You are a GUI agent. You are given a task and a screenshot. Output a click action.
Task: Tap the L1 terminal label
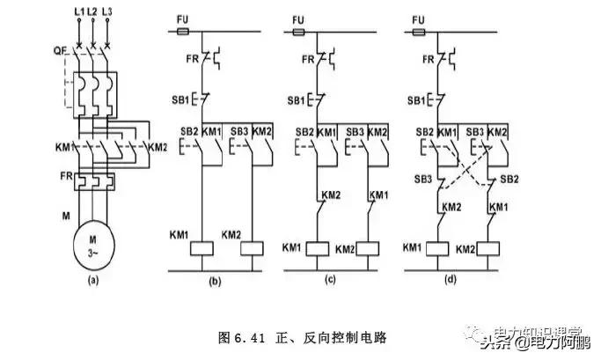coord(78,11)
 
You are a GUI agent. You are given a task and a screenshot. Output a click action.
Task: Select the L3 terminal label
coord(107,11)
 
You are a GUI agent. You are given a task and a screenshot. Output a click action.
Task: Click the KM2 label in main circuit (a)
coord(158,146)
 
